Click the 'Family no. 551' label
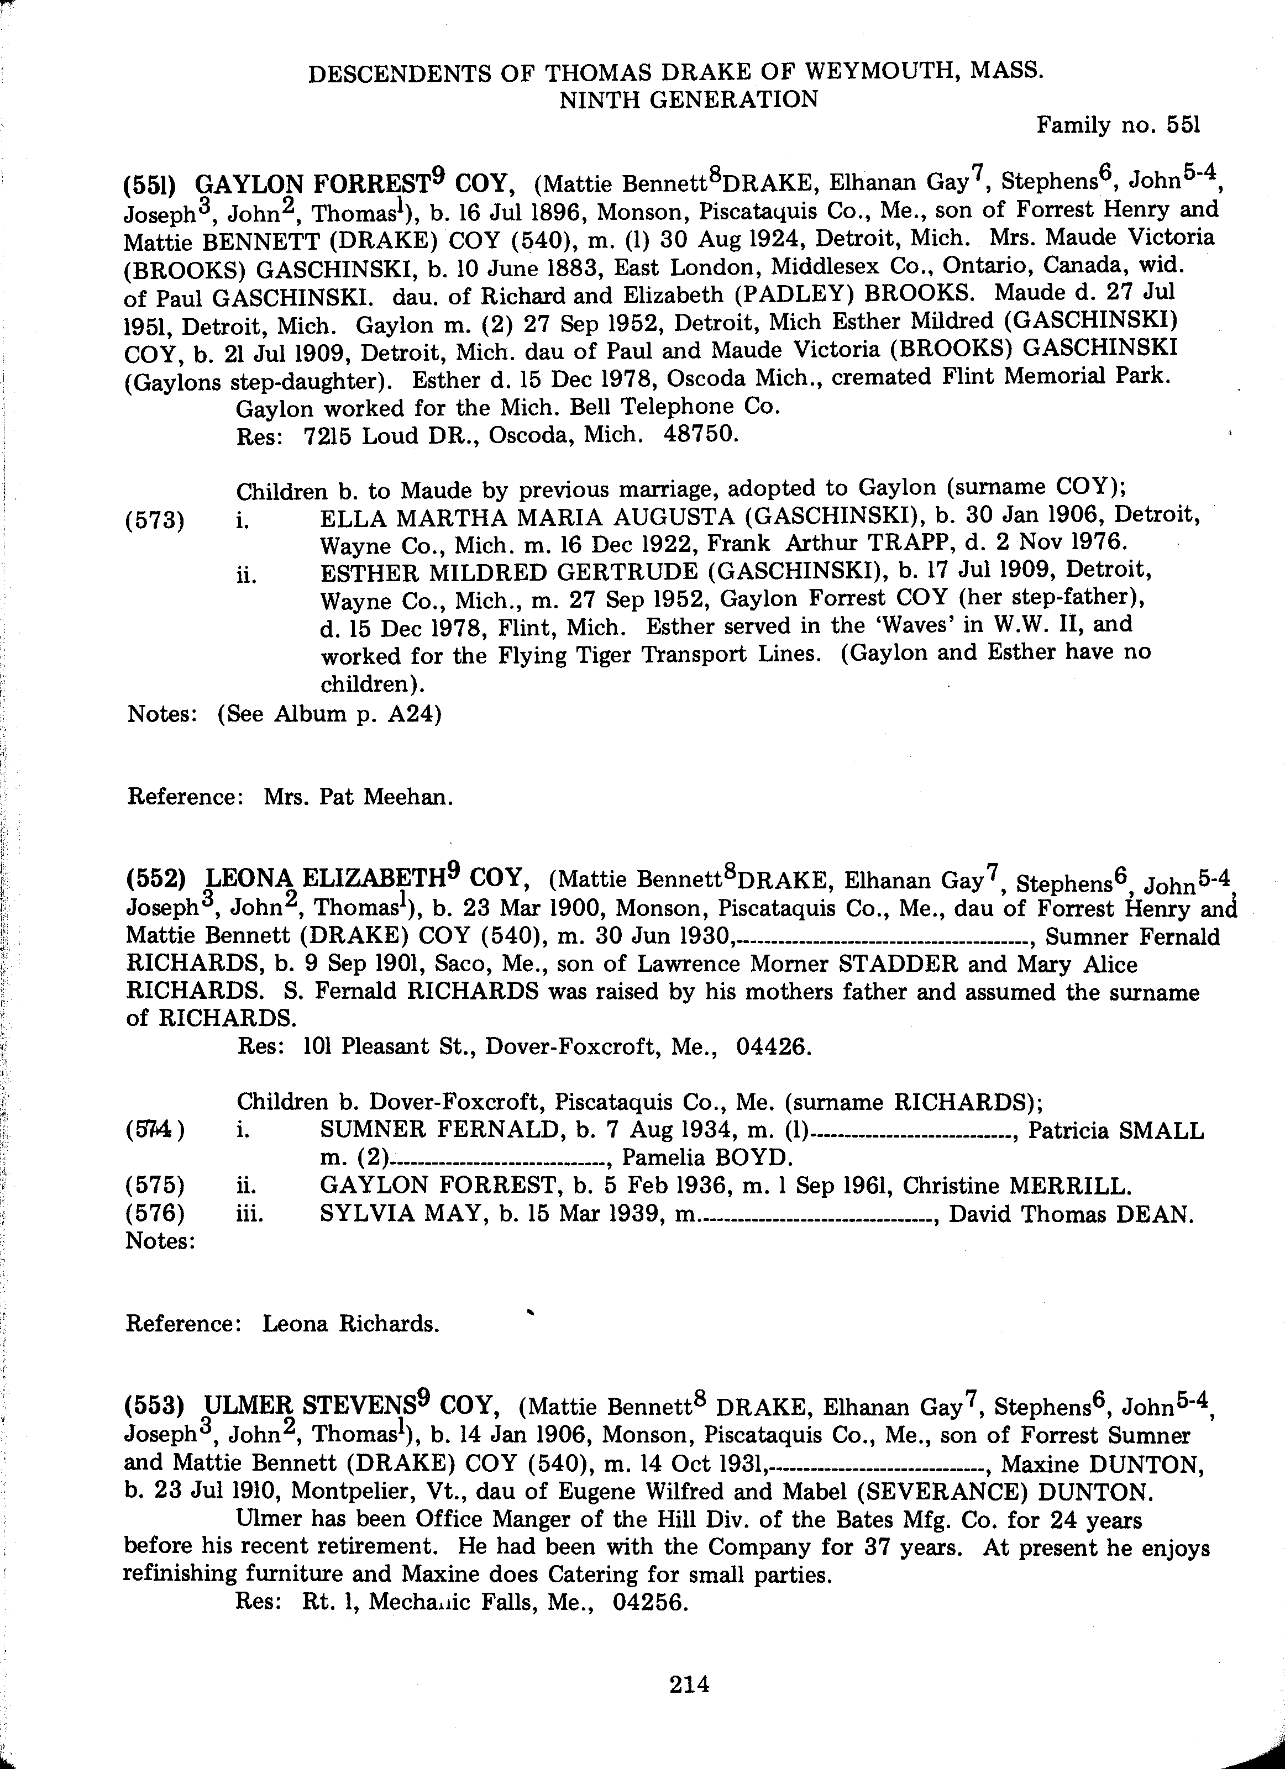point(1117,125)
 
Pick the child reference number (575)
point(155,1186)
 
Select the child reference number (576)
point(155,1214)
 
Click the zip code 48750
point(700,434)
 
